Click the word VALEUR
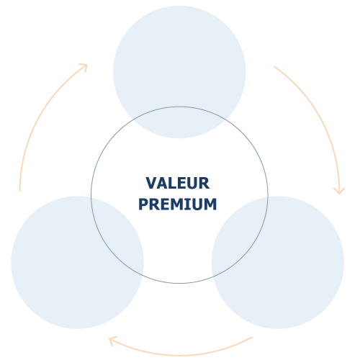click(x=178, y=183)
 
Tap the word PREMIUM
click(x=178, y=204)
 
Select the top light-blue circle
click(x=179, y=72)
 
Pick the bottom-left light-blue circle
click(x=77, y=262)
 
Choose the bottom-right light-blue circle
click(x=278, y=262)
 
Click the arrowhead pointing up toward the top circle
click(x=84, y=66)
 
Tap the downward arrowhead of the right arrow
click(x=339, y=191)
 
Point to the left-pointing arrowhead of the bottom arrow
click(x=112, y=341)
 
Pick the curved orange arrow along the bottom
click(x=180, y=355)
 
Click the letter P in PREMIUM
click(x=143, y=204)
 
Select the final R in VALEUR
click(x=204, y=183)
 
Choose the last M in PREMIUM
click(x=210, y=204)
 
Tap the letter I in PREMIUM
click(x=186, y=204)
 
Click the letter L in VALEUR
click(x=171, y=183)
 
